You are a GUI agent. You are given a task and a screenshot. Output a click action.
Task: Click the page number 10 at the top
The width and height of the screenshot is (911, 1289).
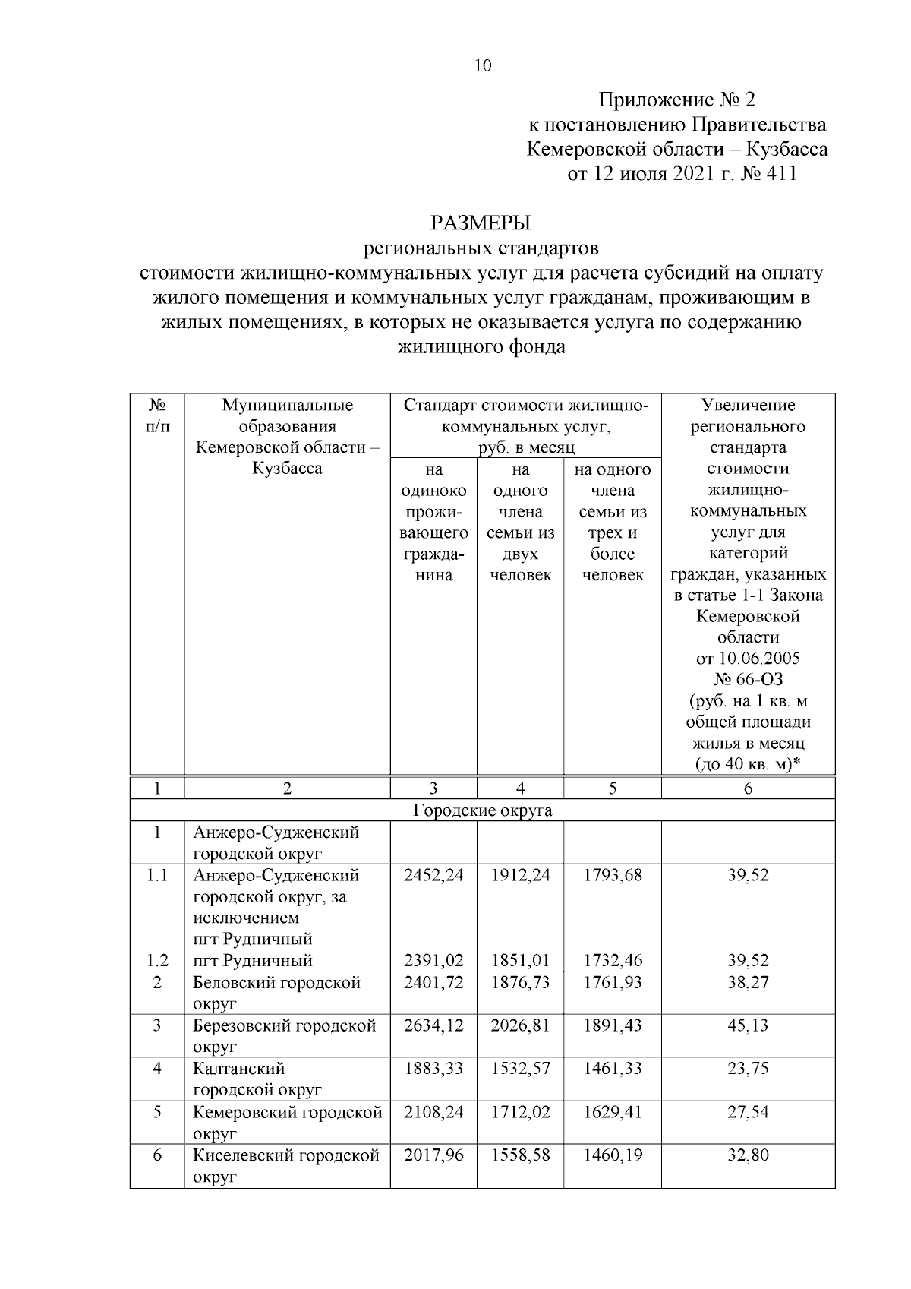(x=483, y=66)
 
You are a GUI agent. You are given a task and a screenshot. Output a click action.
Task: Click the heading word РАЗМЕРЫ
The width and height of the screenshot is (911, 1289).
(x=480, y=223)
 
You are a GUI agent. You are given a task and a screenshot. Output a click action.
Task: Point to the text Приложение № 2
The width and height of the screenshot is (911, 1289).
(x=677, y=100)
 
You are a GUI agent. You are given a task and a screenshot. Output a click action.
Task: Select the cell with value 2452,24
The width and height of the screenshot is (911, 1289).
(x=433, y=875)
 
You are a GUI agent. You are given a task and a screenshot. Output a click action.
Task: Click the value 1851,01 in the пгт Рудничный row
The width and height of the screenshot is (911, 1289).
(x=520, y=961)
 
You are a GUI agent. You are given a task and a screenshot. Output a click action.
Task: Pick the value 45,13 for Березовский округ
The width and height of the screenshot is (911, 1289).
(x=748, y=1025)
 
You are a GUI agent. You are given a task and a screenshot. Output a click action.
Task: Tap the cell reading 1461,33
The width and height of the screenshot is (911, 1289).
(x=613, y=1069)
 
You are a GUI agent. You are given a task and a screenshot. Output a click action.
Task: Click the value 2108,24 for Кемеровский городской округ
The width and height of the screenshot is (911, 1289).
(x=433, y=1112)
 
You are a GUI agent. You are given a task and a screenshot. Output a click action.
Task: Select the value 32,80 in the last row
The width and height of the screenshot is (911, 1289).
(x=748, y=1155)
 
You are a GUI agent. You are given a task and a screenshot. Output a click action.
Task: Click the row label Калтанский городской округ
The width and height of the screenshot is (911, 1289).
(x=258, y=1079)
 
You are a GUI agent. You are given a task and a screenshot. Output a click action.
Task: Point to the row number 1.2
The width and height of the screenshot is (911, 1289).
(x=157, y=961)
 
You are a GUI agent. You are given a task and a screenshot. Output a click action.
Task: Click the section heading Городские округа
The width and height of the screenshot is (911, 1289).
(x=483, y=810)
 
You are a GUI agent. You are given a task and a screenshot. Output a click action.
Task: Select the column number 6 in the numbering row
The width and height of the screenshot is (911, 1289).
(x=748, y=788)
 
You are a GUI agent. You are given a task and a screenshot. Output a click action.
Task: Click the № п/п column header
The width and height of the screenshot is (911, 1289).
(x=157, y=415)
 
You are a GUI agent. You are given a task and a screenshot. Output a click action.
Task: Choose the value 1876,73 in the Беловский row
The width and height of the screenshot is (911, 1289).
(x=520, y=983)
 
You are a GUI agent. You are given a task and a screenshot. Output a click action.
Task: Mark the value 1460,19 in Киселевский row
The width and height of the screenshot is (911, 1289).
(x=613, y=1155)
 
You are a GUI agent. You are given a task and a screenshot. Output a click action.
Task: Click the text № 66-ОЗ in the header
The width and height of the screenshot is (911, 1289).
(x=748, y=678)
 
